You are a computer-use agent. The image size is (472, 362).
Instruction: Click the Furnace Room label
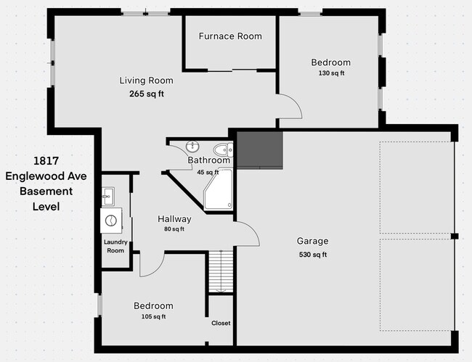(x=230, y=36)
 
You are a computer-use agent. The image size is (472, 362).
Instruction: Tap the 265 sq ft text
(x=147, y=94)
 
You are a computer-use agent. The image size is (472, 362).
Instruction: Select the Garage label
(x=312, y=241)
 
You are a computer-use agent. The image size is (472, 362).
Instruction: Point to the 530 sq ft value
(x=313, y=255)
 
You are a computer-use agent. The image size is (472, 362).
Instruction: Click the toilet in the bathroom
(x=223, y=149)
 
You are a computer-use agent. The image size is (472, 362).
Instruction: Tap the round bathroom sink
(x=192, y=147)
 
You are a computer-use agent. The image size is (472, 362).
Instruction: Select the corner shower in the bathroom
(x=219, y=190)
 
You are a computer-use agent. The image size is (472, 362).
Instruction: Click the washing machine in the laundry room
(x=111, y=221)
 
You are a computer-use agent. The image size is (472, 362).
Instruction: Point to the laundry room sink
(x=107, y=197)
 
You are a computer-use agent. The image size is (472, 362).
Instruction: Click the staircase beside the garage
(x=221, y=271)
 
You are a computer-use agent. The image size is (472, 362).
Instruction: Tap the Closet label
(x=221, y=324)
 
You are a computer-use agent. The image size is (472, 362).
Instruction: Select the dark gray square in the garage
(x=259, y=149)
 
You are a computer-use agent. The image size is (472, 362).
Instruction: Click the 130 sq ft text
(x=331, y=73)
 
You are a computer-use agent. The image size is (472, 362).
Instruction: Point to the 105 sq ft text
(x=153, y=316)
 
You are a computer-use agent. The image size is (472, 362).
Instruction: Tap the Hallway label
(x=174, y=219)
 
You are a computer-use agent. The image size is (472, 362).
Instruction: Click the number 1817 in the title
(x=46, y=161)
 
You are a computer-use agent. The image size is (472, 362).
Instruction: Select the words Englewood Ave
(x=46, y=176)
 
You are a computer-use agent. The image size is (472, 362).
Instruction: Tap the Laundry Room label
(x=115, y=246)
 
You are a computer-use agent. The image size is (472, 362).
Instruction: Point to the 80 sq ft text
(x=174, y=229)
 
